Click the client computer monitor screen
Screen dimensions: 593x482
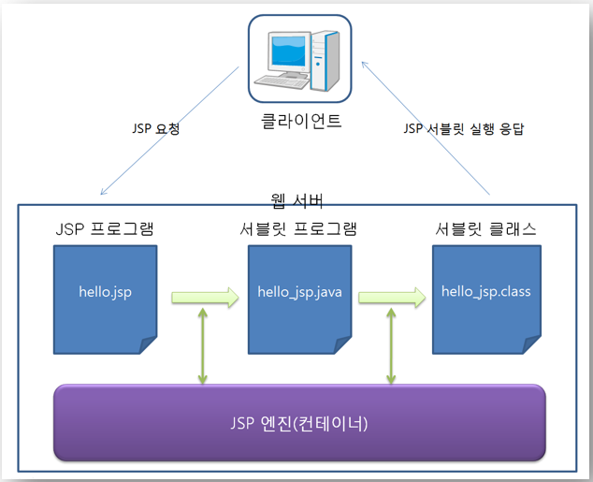(288, 51)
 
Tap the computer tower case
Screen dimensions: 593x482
(325, 61)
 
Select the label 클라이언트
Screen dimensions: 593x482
(301, 121)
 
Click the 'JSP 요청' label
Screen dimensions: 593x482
(156, 128)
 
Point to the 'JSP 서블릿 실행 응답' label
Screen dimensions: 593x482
(464, 128)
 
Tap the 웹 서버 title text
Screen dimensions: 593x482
(297, 200)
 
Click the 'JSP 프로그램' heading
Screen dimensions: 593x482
(105, 229)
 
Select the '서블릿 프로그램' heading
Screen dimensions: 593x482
(298, 229)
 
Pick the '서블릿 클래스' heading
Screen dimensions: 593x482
(485, 229)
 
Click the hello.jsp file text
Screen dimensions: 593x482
(105, 292)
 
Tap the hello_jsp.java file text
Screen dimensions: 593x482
(299, 292)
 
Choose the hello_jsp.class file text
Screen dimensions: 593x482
(486, 292)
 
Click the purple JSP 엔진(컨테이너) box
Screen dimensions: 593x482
(299, 423)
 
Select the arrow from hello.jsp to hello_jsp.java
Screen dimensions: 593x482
(205, 298)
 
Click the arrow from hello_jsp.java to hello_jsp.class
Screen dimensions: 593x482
(392, 298)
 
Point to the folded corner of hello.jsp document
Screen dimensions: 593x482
(148, 345)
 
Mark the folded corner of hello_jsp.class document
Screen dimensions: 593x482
(531, 345)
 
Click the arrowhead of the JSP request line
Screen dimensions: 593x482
(103, 193)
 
